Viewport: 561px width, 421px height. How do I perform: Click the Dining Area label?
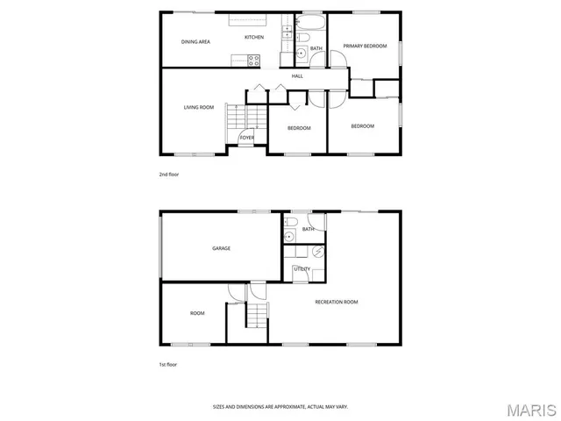tap(195, 41)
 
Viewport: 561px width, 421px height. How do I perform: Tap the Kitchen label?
tap(254, 37)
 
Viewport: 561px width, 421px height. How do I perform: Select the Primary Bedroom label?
tap(365, 46)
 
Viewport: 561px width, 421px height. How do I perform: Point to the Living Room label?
tap(199, 107)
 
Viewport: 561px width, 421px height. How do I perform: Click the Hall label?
tap(297, 76)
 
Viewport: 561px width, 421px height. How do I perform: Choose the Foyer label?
tap(247, 138)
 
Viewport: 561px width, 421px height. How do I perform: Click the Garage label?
tap(221, 248)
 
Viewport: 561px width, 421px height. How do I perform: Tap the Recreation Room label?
tap(337, 302)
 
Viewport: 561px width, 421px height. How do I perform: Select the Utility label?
tap(302, 269)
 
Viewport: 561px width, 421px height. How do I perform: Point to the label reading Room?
tap(197, 313)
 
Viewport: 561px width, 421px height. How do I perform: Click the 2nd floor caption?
tap(168, 175)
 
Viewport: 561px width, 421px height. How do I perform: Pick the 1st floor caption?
tap(167, 363)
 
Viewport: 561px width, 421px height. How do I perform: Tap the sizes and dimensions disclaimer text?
tap(280, 406)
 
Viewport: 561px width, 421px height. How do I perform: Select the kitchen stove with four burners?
tap(253, 60)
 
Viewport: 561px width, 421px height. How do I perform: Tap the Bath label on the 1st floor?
tap(308, 230)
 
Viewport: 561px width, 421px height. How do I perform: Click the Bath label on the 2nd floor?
tap(316, 48)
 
